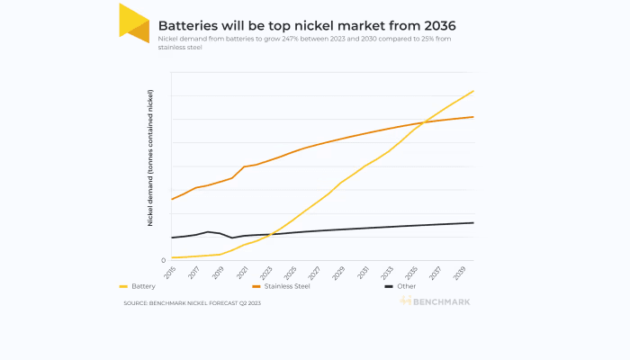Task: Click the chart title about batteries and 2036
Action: click(x=312, y=25)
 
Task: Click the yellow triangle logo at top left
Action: click(x=134, y=22)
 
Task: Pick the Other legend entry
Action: click(x=406, y=285)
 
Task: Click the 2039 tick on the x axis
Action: click(x=460, y=272)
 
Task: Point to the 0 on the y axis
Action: click(x=163, y=261)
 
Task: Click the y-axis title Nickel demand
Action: click(x=150, y=157)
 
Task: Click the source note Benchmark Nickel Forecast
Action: click(x=192, y=303)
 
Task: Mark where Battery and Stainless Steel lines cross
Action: click(x=422, y=123)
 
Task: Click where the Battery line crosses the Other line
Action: click(x=269, y=234)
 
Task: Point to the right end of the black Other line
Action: click(x=473, y=222)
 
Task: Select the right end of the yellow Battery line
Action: click(x=473, y=91)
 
